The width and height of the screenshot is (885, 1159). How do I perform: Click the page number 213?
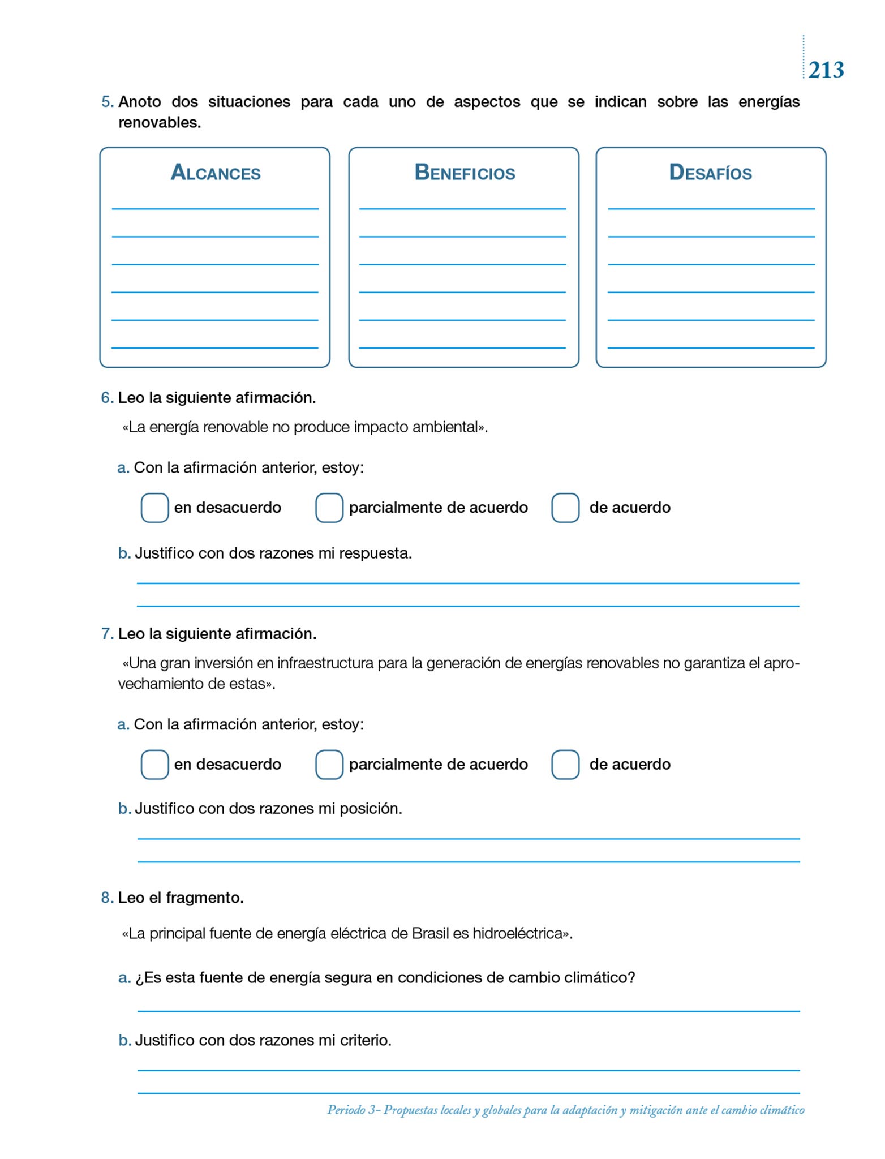pyautogui.click(x=826, y=70)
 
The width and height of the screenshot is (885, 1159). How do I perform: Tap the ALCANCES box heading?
pyautogui.click(x=216, y=173)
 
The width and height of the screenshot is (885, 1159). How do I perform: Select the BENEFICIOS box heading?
pyautogui.click(x=465, y=173)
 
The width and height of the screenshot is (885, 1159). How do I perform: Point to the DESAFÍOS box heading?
pyautogui.click(x=710, y=173)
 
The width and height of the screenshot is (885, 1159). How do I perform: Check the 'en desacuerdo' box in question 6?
pyautogui.click(x=154, y=508)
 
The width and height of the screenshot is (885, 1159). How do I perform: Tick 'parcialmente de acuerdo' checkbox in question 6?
pyautogui.click(x=329, y=508)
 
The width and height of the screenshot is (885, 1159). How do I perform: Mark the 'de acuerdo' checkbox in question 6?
pyautogui.click(x=565, y=508)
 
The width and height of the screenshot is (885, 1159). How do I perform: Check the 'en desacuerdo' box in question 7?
pyautogui.click(x=154, y=765)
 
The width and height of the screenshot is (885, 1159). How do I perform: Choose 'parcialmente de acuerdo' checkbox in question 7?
pyautogui.click(x=329, y=765)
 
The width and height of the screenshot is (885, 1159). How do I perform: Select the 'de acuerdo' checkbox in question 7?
pyautogui.click(x=565, y=765)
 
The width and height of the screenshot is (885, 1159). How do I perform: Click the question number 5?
pyautogui.click(x=107, y=102)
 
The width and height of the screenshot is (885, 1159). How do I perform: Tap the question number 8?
pyautogui.click(x=107, y=898)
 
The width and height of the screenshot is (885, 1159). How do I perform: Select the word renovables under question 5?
pyautogui.click(x=158, y=122)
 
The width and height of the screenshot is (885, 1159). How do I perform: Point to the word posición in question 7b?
pyautogui.click(x=370, y=809)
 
